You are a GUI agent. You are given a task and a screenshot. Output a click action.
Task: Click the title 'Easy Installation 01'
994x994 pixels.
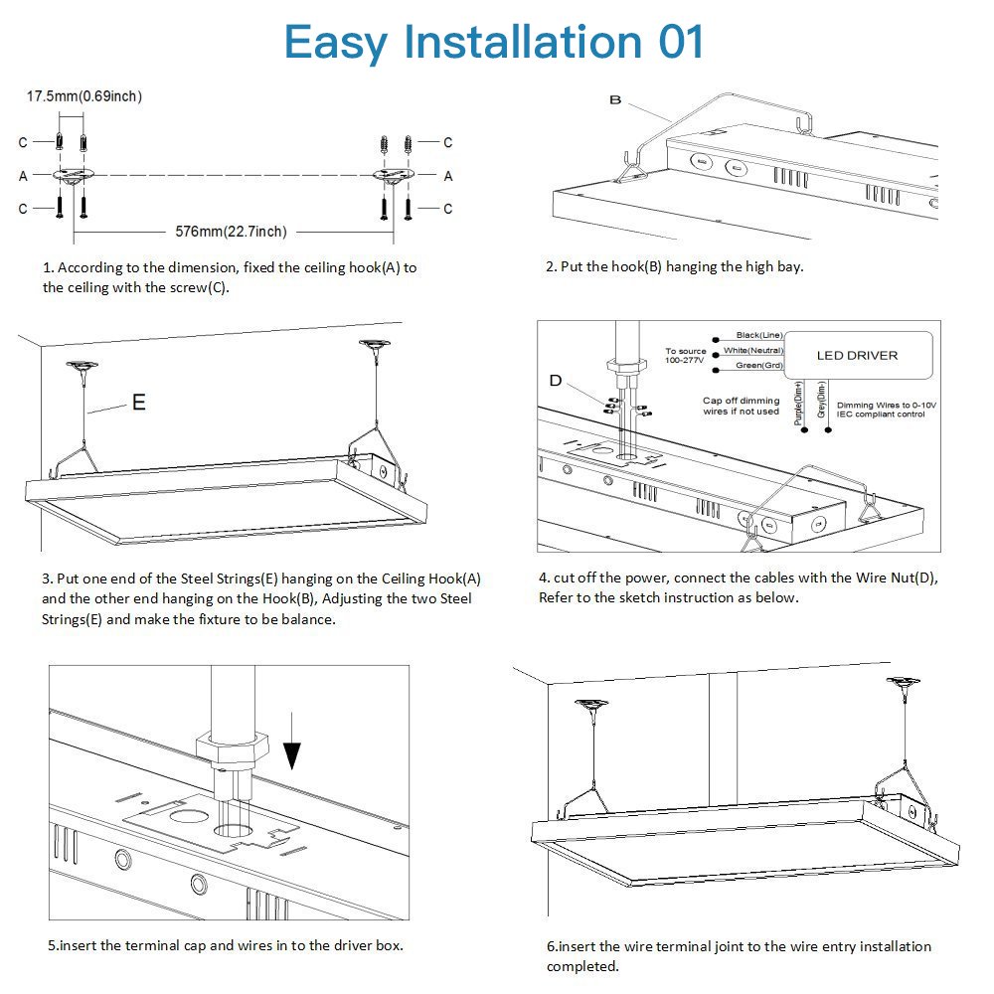click(494, 42)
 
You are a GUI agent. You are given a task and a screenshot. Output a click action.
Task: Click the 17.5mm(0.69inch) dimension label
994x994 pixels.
click(83, 96)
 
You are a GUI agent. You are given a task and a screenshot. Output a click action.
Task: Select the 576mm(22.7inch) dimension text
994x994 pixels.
click(231, 232)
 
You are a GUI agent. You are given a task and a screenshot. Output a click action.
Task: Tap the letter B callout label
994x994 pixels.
click(615, 100)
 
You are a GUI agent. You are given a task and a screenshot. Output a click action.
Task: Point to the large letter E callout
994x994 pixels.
click(138, 402)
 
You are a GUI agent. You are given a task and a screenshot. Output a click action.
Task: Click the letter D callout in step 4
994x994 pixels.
click(556, 381)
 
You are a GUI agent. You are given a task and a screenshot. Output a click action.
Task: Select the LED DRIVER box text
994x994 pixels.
click(857, 355)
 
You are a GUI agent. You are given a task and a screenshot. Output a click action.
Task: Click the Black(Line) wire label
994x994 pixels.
click(758, 336)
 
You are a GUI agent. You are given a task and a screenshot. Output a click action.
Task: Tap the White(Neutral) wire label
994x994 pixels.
click(752, 350)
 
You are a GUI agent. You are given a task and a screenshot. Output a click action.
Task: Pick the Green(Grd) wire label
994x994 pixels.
click(758, 365)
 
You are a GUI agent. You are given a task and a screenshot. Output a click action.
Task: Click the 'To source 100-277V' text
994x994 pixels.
click(685, 355)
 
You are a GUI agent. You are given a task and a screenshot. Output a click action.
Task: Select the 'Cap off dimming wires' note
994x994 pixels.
click(741, 406)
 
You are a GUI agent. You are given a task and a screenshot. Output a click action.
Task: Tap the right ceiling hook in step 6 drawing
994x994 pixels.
click(903, 685)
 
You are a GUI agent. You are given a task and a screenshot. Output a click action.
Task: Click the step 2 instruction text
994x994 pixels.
click(674, 266)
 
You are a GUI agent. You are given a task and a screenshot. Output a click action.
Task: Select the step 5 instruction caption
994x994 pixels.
click(225, 945)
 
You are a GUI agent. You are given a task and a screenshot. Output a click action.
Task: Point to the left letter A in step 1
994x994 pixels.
click(23, 176)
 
